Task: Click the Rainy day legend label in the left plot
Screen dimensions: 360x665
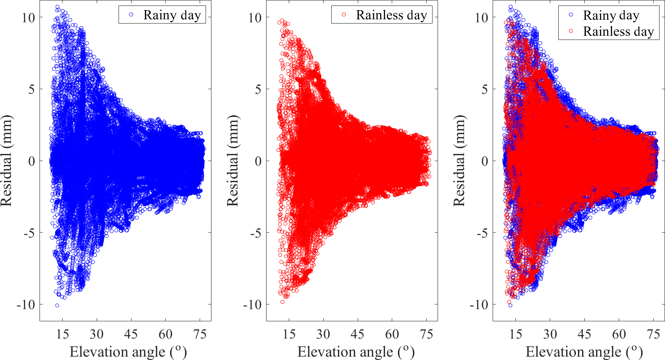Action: click(172, 15)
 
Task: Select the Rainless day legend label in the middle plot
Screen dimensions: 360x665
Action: click(391, 15)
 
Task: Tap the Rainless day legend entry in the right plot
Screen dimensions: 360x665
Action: click(618, 32)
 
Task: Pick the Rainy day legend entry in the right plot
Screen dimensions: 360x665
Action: click(611, 16)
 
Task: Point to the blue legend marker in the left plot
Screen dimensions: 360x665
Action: click(131, 15)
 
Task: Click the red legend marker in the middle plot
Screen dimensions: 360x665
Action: click(344, 15)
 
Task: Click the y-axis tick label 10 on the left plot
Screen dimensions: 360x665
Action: click(29, 18)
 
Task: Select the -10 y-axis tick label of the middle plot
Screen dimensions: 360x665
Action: click(252, 304)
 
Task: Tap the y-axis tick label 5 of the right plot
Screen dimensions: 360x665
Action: click(485, 89)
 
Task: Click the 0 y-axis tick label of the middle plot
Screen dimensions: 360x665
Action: click(258, 161)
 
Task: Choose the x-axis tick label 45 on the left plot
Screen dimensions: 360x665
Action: click(131, 334)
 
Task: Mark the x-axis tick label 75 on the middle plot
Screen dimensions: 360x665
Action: click(426, 334)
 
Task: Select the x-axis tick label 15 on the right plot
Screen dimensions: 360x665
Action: click(516, 334)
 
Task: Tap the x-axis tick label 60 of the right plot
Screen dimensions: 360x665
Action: click(619, 334)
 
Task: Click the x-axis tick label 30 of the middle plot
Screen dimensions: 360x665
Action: click(323, 334)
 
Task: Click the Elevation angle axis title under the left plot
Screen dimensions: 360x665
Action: click(128, 352)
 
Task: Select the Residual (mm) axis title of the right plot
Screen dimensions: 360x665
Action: click(459, 161)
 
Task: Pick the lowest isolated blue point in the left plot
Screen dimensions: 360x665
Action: click(57, 305)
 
